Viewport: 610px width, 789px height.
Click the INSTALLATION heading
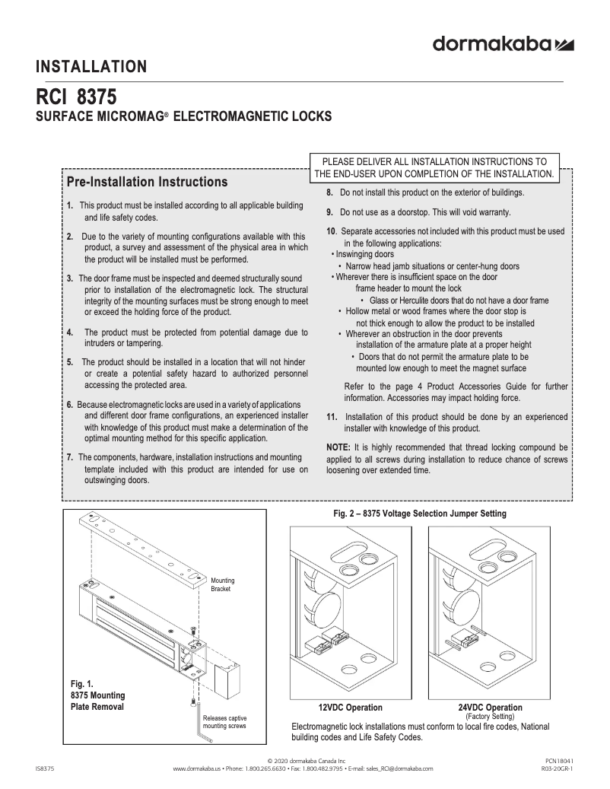point(91,67)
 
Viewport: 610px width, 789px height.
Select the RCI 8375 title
point(76,99)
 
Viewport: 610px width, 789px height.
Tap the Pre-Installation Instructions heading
point(147,183)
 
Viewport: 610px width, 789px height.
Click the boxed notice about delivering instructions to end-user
point(434,167)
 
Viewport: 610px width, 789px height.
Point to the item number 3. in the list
point(70,278)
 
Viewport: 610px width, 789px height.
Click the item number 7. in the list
point(70,457)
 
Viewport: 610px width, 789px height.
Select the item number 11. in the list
point(332,417)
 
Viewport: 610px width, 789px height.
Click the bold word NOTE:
point(338,447)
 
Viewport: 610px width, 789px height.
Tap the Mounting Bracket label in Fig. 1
point(222,585)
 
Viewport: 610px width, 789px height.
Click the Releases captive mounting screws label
point(224,722)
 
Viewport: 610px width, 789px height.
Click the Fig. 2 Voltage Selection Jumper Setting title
point(420,514)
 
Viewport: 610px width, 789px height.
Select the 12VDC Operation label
point(350,707)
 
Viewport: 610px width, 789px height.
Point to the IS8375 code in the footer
point(45,768)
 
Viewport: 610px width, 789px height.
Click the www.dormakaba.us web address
point(197,768)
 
